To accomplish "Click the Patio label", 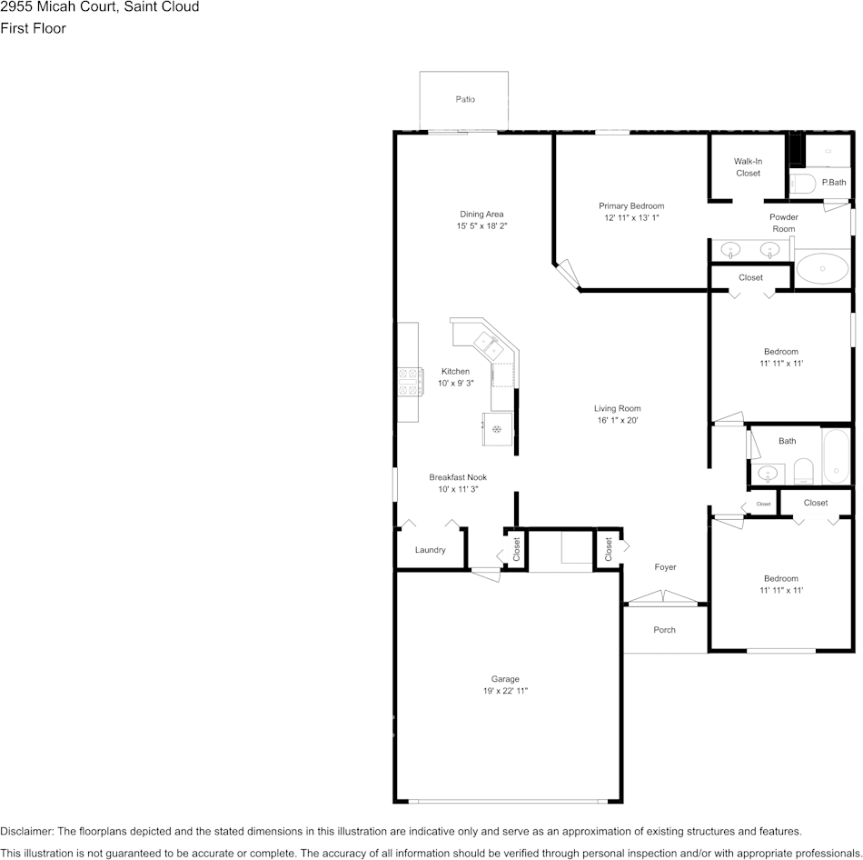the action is click(x=465, y=99).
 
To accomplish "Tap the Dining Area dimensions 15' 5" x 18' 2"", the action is click(x=481, y=225).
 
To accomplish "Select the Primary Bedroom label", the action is click(x=631, y=206).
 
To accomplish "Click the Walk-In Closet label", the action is click(x=748, y=167).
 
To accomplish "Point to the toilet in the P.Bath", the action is click(x=802, y=184).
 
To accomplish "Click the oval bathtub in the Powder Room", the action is click(x=822, y=268).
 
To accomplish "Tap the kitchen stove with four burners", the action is click(x=411, y=382).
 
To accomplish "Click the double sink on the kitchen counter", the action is click(x=489, y=346).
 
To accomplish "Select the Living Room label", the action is click(x=617, y=408).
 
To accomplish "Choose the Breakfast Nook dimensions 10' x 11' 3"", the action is click(x=458, y=489).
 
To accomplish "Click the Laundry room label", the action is click(x=430, y=550).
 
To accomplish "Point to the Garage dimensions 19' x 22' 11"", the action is click(x=505, y=691).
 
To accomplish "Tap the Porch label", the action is click(x=664, y=630).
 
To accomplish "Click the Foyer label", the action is click(x=665, y=567).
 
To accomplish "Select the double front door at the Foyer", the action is click(x=663, y=597).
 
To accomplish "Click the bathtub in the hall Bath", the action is click(x=836, y=456).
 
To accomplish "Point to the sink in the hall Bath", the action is click(x=768, y=474).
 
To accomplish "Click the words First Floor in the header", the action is click(x=33, y=28).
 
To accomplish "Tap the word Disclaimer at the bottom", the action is click(x=26, y=831).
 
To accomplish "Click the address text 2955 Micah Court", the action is click(x=58, y=7).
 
